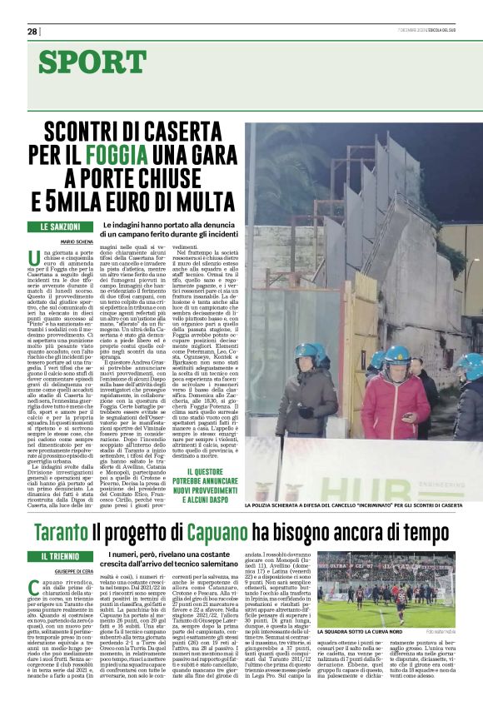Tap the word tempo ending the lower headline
pyautogui.click(x=426, y=533)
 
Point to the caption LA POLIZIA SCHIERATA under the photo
pyautogui.click(x=354, y=505)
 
